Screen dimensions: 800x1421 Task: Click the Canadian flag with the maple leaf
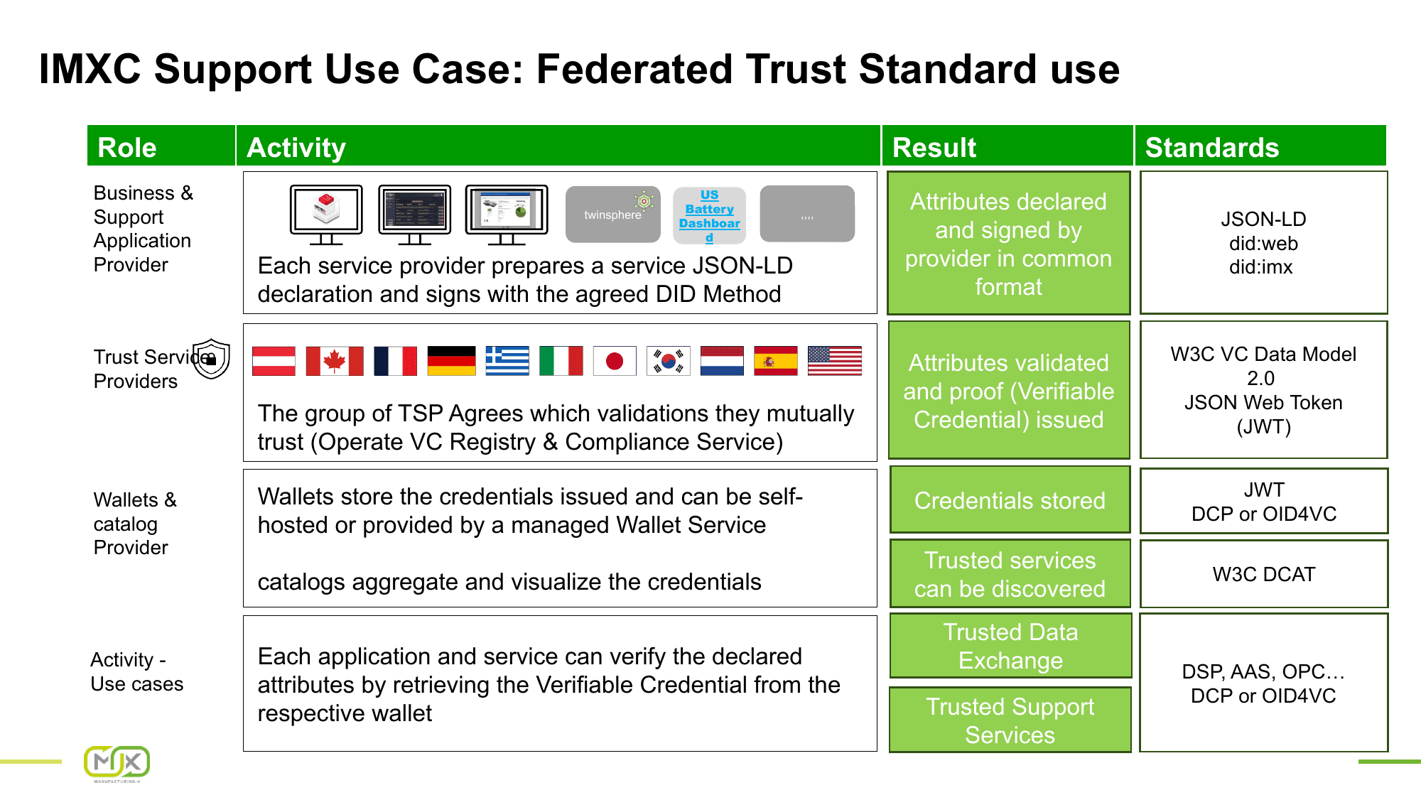(x=334, y=361)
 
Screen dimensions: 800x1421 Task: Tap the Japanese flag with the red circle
(x=615, y=361)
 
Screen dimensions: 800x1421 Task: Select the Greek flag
(x=507, y=361)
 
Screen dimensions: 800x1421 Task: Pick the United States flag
(x=834, y=361)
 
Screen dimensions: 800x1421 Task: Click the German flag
(x=451, y=361)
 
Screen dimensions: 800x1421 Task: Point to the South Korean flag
(x=668, y=361)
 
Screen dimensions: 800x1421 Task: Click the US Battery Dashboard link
(x=709, y=215)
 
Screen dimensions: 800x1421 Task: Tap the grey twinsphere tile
(x=612, y=215)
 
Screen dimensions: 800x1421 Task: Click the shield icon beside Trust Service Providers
(x=212, y=359)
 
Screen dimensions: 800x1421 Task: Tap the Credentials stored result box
(x=1009, y=500)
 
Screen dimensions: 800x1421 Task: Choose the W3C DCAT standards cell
(x=1263, y=574)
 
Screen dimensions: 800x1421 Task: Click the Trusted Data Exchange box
(x=1010, y=646)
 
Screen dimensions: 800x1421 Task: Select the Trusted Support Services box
(x=1010, y=720)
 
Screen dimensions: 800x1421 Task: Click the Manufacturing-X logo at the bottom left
(x=117, y=764)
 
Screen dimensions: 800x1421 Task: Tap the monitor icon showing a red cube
(x=326, y=213)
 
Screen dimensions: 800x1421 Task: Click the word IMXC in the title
(x=90, y=70)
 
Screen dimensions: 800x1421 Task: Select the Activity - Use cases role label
(x=137, y=671)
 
